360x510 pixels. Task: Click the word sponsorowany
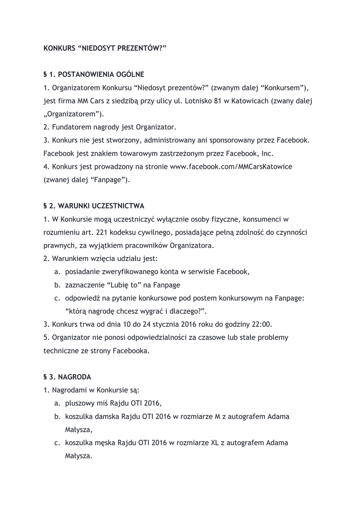[225, 140]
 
